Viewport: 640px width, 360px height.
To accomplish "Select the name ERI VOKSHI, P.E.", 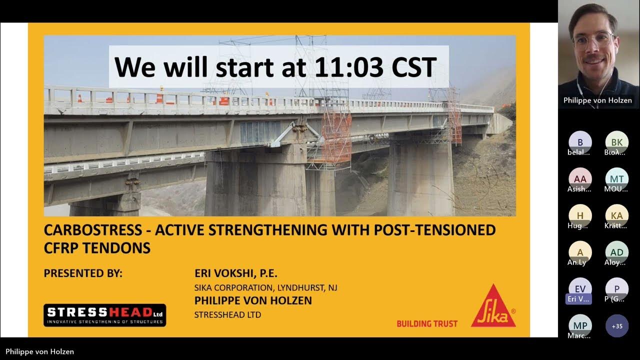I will (235, 273).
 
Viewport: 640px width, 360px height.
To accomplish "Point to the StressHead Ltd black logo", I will (104, 315).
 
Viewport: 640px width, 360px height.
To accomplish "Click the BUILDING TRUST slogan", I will (427, 323).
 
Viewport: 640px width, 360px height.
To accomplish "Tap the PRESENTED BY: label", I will (83, 273).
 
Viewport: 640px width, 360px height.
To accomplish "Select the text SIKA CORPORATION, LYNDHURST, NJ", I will (265, 288).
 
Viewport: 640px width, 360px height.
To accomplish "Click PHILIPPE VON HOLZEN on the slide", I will (253, 300).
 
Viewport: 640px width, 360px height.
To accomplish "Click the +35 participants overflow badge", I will (617, 326).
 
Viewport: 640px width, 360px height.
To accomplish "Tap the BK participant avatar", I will (616, 142).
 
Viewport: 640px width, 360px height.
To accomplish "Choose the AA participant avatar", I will (580, 178).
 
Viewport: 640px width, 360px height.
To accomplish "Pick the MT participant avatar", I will (616, 178).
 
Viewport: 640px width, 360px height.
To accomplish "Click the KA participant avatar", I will (616, 215).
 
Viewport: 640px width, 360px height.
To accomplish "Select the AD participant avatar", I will (616, 252).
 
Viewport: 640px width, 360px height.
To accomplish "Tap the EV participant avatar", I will (580, 288).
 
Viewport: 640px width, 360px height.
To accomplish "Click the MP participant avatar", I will (580, 325).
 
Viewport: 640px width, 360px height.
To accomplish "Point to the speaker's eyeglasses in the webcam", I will (593, 40).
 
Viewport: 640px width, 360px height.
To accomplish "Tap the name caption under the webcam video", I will (597, 100).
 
